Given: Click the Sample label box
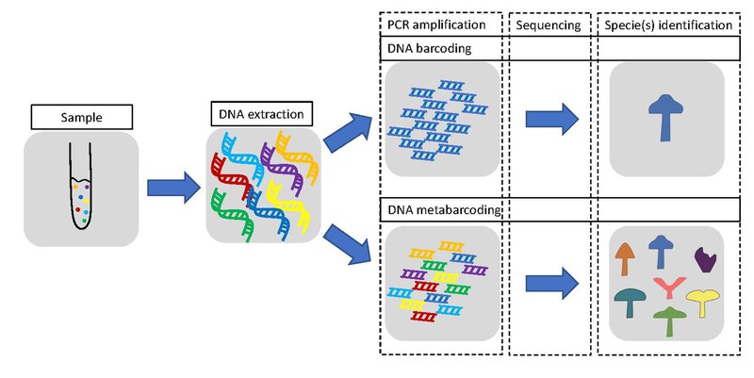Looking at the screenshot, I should coord(79,118).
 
